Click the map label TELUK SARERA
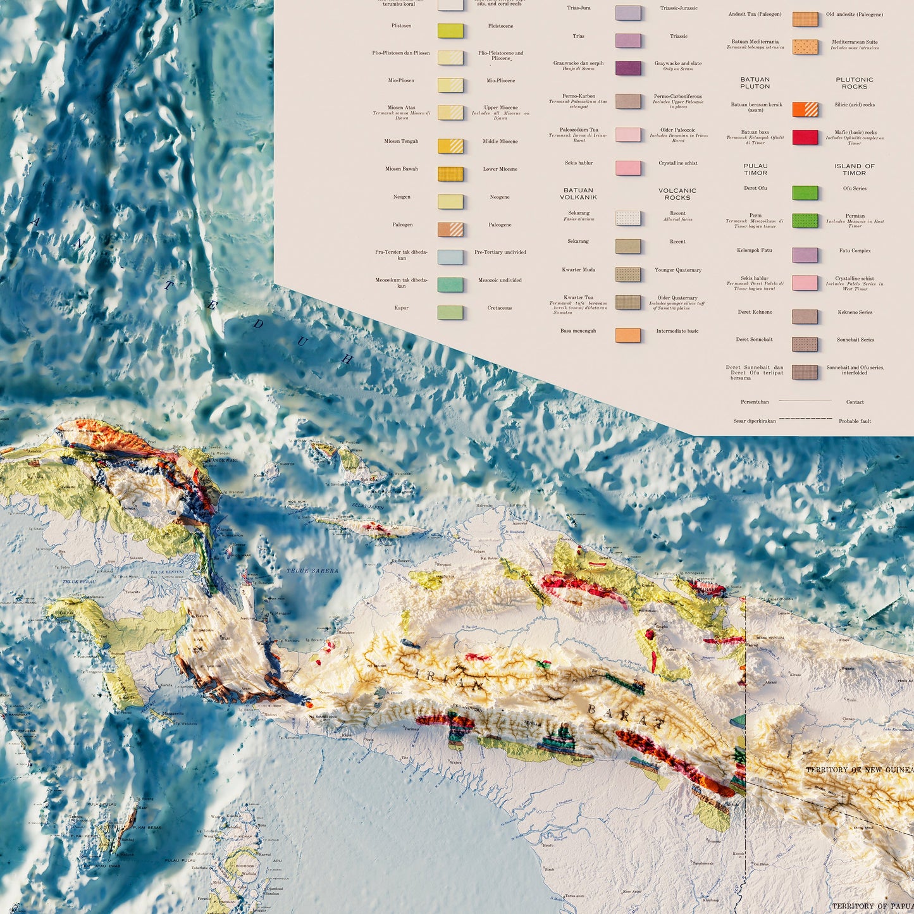[312, 571]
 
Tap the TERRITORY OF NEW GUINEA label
[860, 770]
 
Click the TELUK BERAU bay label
[78, 581]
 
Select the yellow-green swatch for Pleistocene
[450, 30]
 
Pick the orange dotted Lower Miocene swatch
[450, 173]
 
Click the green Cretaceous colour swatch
[450, 312]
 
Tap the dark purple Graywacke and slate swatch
[628, 68]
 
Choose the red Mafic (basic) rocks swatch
[805, 137]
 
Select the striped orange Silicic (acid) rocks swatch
[805, 109]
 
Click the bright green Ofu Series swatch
[805, 192]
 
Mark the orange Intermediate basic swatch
[628, 335]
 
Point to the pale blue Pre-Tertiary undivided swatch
[450, 256]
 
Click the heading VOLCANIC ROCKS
[677, 194]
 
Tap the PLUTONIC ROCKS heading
[855, 83]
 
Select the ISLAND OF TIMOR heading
[855, 170]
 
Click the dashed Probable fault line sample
[805, 419]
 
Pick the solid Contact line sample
[805, 400]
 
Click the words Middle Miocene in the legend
[500, 142]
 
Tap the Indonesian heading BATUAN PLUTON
[755, 83]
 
